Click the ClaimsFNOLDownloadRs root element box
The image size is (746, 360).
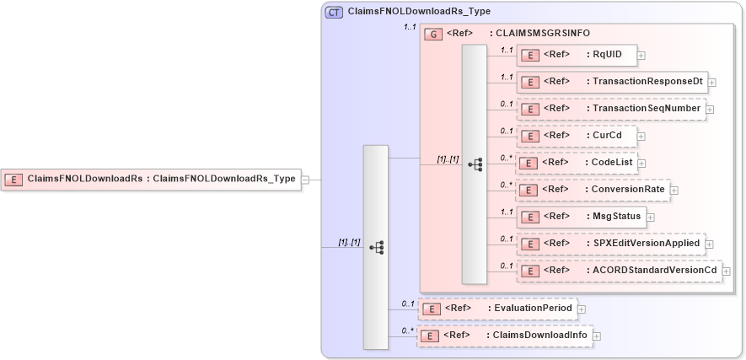click(x=152, y=179)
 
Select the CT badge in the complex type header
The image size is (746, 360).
click(x=334, y=12)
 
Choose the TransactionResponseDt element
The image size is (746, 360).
click(x=611, y=82)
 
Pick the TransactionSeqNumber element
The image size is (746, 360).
click(x=610, y=109)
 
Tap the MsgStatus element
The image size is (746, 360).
click(x=581, y=217)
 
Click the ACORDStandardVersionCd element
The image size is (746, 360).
click(x=619, y=271)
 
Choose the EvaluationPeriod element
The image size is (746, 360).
click(x=497, y=309)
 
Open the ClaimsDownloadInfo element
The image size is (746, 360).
click(x=504, y=336)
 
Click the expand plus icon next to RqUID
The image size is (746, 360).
click(x=641, y=56)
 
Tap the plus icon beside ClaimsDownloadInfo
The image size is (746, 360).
click(x=597, y=336)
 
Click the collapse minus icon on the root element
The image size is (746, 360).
click(x=305, y=180)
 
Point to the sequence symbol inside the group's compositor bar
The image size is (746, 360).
click(x=475, y=164)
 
